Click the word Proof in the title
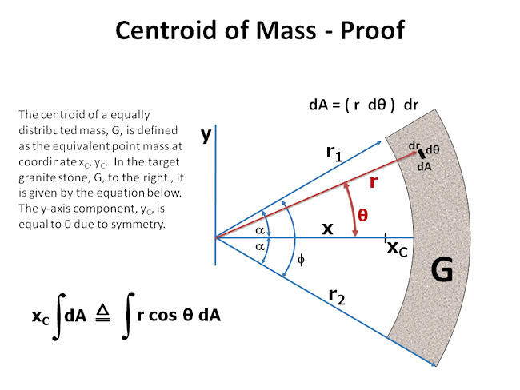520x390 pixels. click(x=373, y=30)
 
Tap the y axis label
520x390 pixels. click(x=206, y=134)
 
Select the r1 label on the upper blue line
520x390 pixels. click(x=334, y=153)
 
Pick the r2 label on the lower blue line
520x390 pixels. click(x=337, y=296)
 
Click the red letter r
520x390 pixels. click(x=374, y=182)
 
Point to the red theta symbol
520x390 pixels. click(x=363, y=215)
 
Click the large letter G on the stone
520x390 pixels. click(x=442, y=269)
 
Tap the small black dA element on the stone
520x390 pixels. click(x=422, y=154)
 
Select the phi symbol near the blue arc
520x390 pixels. click(x=301, y=260)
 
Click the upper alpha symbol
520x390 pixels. click(x=260, y=230)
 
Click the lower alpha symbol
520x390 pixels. click(x=260, y=246)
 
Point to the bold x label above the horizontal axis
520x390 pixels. click(x=328, y=229)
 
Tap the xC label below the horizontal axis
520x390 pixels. click(x=398, y=248)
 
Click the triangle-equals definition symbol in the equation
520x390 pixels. click(x=103, y=313)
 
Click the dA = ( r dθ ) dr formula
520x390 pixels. click(x=363, y=105)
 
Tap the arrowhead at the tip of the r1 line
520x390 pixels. click(x=379, y=143)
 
